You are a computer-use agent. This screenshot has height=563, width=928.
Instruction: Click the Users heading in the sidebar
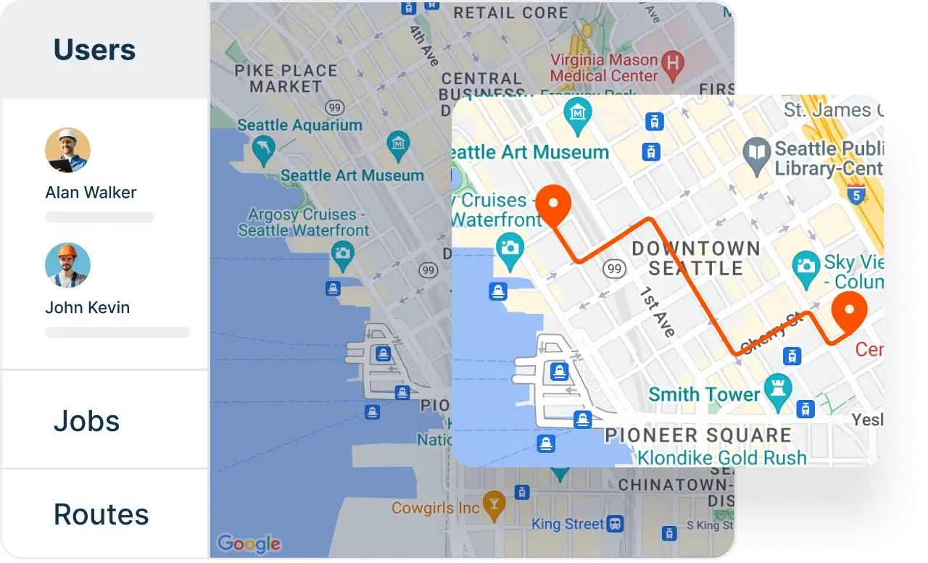click(94, 50)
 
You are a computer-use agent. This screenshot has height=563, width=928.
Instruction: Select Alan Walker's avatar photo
click(67, 150)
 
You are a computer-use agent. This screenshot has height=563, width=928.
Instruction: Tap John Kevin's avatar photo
click(67, 265)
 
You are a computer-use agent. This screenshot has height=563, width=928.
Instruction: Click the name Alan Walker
click(91, 193)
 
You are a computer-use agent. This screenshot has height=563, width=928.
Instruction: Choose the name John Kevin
click(87, 308)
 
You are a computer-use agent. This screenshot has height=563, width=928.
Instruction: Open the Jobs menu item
click(86, 421)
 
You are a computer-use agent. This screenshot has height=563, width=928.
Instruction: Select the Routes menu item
click(101, 514)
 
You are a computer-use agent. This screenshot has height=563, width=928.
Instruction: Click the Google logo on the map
click(248, 543)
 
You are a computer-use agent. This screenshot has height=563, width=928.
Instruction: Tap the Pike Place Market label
click(286, 78)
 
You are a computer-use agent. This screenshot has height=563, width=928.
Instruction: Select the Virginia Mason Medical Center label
click(603, 67)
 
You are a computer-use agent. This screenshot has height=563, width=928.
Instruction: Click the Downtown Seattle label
click(695, 259)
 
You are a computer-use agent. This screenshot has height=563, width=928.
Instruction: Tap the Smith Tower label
click(703, 395)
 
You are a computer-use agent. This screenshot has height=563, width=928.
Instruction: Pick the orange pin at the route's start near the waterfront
click(554, 202)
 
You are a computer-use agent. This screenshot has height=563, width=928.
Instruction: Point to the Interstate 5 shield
click(857, 194)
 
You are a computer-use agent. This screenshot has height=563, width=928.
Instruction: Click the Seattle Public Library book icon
click(757, 153)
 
